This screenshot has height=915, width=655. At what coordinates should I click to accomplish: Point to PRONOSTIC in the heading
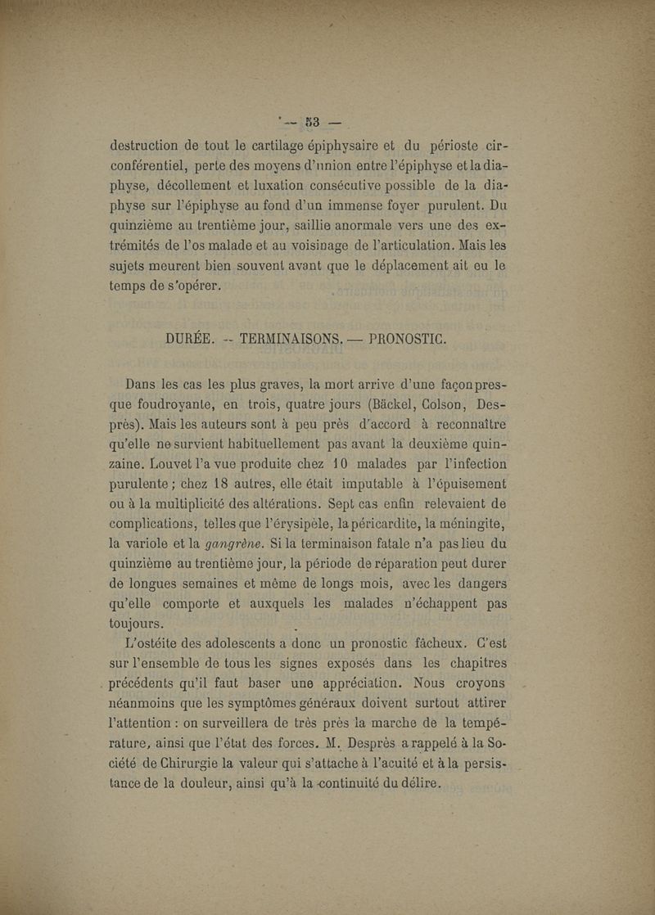click(418, 339)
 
